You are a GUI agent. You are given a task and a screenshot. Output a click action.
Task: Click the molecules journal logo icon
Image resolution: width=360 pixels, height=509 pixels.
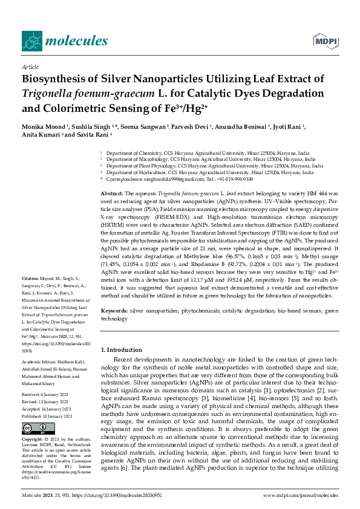pyautogui.click(x=31, y=41)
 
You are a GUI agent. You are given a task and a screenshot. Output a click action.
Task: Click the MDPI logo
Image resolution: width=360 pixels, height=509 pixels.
pyautogui.click(x=326, y=41)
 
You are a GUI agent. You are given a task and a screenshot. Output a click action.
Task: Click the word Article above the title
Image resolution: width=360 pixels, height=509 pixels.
pyautogui.click(x=30, y=66)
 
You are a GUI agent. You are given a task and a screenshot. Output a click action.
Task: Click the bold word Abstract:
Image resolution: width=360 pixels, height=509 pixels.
pyautogui.click(x=112, y=192)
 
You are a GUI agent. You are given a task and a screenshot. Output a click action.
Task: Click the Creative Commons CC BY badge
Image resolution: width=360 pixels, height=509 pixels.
pyautogui.click(x=34, y=428)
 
